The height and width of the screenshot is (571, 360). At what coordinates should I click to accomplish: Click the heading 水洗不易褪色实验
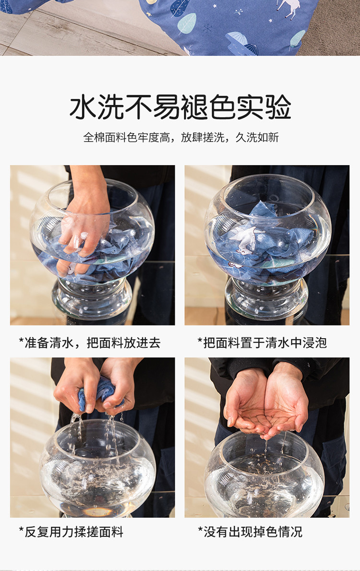[180, 107]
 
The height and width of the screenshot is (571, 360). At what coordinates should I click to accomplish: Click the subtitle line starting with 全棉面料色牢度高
[181, 137]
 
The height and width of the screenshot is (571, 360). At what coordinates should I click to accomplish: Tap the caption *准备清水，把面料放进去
[90, 343]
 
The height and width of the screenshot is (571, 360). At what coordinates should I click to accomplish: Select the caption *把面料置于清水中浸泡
[262, 343]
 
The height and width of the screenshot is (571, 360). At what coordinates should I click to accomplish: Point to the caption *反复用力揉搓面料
[71, 532]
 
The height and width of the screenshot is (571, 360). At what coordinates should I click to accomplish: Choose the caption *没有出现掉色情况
[250, 532]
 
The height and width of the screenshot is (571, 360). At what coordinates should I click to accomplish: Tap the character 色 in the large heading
[222, 107]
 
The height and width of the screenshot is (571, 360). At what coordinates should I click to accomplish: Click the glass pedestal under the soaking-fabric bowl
[266, 298]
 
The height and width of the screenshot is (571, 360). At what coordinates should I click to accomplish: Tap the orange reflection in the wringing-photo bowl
[97, 512]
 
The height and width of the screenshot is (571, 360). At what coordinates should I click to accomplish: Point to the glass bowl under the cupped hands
[264, 475]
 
